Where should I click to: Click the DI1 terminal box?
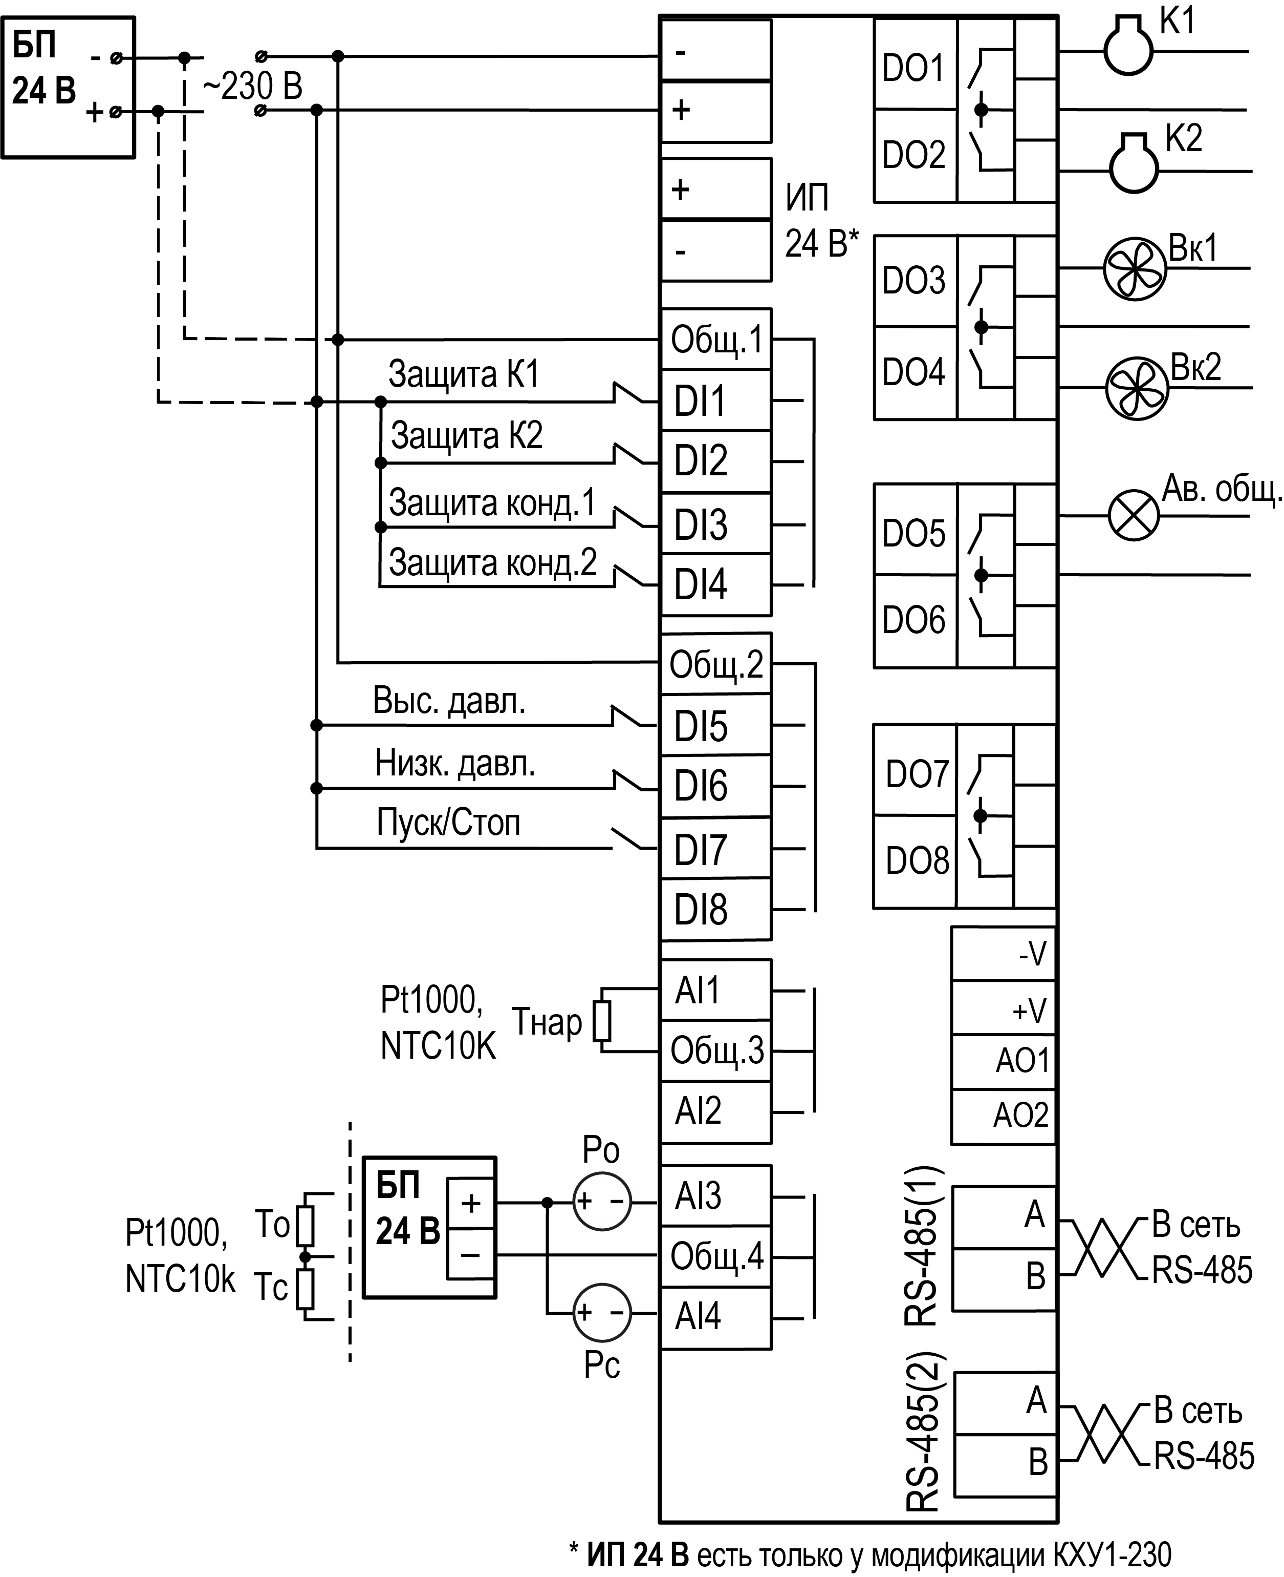point(715,401)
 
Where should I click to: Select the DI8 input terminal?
point(715,910)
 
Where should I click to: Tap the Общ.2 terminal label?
point(715,664)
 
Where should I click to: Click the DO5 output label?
point(914,533)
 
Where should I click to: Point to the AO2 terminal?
point(1004,1115)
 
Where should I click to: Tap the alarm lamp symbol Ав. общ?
point(1133,516)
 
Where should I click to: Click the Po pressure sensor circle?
point(602,1202)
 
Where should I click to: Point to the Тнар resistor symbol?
point(603,1022)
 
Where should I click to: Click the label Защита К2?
point(467,435)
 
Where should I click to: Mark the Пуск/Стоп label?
point(448,822)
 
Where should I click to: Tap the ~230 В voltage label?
point(252,87)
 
